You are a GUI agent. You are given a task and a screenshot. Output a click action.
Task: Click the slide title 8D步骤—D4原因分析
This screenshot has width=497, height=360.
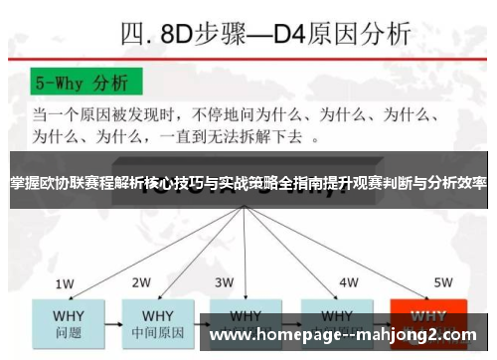[x=263, y=36]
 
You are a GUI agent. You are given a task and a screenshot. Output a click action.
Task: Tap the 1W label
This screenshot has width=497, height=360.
[x=65, y=283]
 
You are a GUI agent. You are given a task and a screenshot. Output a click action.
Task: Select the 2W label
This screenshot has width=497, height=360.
[x=142, y=282]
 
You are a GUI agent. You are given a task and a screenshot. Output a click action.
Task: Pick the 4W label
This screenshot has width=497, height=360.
[x=348, y=282]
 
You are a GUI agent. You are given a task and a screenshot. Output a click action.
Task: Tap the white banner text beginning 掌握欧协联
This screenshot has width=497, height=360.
[x=248, y=184]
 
